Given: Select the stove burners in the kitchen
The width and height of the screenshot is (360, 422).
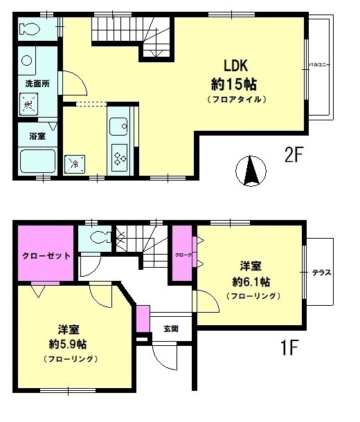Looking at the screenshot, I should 119,158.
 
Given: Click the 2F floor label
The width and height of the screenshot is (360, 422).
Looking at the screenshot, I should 294,154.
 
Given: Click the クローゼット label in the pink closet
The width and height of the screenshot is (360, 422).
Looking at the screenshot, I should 42,255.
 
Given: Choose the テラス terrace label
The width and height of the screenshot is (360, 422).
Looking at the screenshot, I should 322,272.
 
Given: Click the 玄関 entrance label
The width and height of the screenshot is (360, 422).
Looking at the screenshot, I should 171,329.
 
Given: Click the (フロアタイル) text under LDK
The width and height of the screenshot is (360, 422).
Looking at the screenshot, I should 236,100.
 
